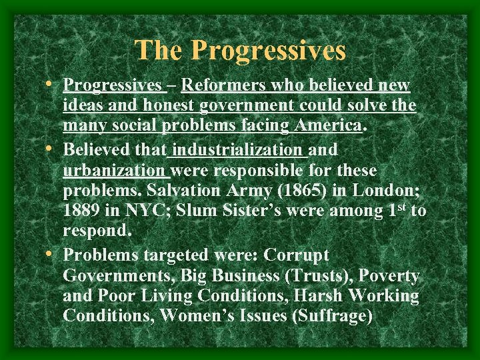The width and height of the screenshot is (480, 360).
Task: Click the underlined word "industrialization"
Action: (x=239, y=149)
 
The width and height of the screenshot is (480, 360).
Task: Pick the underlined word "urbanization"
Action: (x=113, y=169)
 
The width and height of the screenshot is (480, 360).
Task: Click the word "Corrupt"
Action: (x=297, y=255)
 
